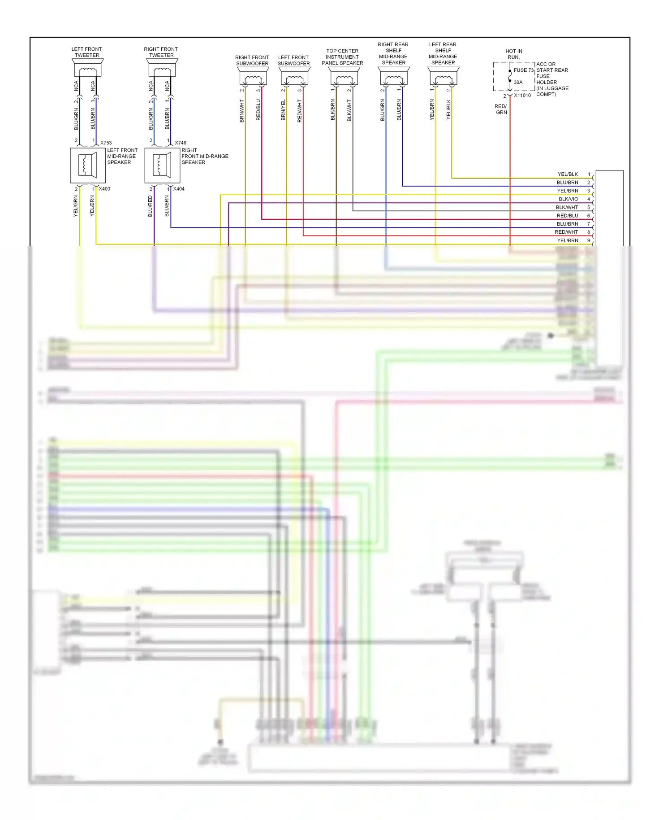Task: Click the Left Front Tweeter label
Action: coord(86,52)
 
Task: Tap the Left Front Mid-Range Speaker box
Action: coord(88,166)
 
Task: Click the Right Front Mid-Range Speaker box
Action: coord(162,166)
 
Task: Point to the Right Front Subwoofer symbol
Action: coord(253,77)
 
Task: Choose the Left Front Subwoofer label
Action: coord(293,61)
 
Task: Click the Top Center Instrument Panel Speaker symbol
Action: coord(344,77)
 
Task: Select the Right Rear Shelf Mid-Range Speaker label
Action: coord(393,53)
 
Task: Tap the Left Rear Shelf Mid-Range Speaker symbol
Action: coord(443,77)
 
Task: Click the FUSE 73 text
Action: coord(523,70)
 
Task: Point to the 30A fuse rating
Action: coord(518,83)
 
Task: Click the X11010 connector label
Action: coord(522,96)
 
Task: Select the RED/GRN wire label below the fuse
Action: coord(501,109)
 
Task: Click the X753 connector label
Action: coord(106,143)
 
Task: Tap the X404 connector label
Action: coord(179,189)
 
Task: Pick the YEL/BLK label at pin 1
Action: coord(568,174)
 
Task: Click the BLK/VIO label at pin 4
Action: coord(568,199)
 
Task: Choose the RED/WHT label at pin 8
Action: coord(566,232)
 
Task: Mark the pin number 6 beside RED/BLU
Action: coord(589,216)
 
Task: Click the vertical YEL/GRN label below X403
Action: coord(76,206)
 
